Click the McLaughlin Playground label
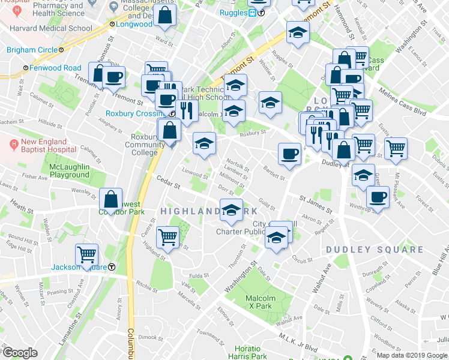click(x=69, y=170)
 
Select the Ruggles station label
click(x=234, y=13)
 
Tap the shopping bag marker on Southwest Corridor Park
click(x=111, y=199)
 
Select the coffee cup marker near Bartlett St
click(x=289, y=154)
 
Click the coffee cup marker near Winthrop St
click(x=378, y=197)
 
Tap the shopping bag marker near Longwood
click(x=164, y=15)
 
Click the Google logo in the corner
click(x=20, y=353)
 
